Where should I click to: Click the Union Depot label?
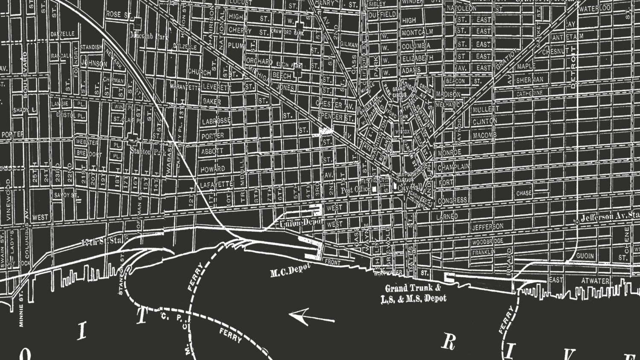301,223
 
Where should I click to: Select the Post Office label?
355,190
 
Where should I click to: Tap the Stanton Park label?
147,152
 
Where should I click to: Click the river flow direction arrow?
311,317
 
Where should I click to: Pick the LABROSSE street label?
216,121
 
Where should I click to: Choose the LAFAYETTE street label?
217,184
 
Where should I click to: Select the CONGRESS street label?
452,200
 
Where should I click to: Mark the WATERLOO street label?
595,9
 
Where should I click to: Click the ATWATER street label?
596,281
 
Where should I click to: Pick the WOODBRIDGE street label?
487,242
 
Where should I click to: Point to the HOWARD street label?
212,169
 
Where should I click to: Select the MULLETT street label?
485,110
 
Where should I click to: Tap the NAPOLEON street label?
460,9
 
